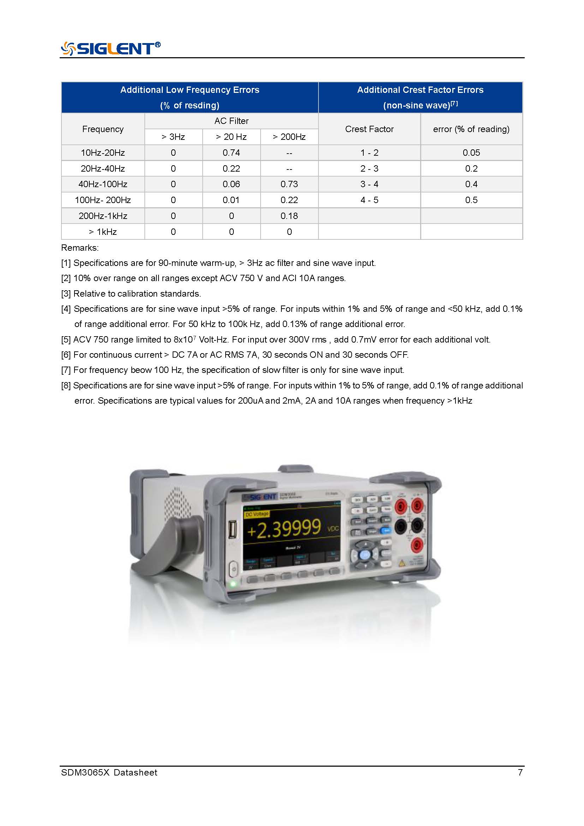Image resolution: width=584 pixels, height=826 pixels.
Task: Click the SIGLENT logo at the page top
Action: pos(111,48)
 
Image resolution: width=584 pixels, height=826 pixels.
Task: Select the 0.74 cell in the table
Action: pos(231,153)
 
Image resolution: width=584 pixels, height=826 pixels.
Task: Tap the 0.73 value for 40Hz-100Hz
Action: pos(289,184)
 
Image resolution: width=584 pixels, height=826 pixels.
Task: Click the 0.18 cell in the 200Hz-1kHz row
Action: pos(289,216)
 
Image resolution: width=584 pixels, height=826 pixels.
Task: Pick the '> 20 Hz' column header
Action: pos(231,137)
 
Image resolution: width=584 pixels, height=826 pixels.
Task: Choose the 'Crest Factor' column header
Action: pos(369,129)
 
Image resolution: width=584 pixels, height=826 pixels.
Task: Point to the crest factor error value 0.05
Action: pos(471,153)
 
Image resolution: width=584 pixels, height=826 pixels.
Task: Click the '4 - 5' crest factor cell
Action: pos(369,200)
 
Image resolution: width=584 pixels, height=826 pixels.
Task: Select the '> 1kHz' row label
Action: pos(103,232)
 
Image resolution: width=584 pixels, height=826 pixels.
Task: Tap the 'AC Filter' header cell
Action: pos(231,121)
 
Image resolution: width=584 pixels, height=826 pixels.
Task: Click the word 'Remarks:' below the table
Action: pos(80,248)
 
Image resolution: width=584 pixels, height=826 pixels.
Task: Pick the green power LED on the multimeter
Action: pos(233,583)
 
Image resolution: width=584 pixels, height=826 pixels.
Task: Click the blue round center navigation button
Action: pos(365,555)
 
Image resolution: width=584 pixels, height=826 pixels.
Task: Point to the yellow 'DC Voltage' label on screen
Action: pos(256,514)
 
